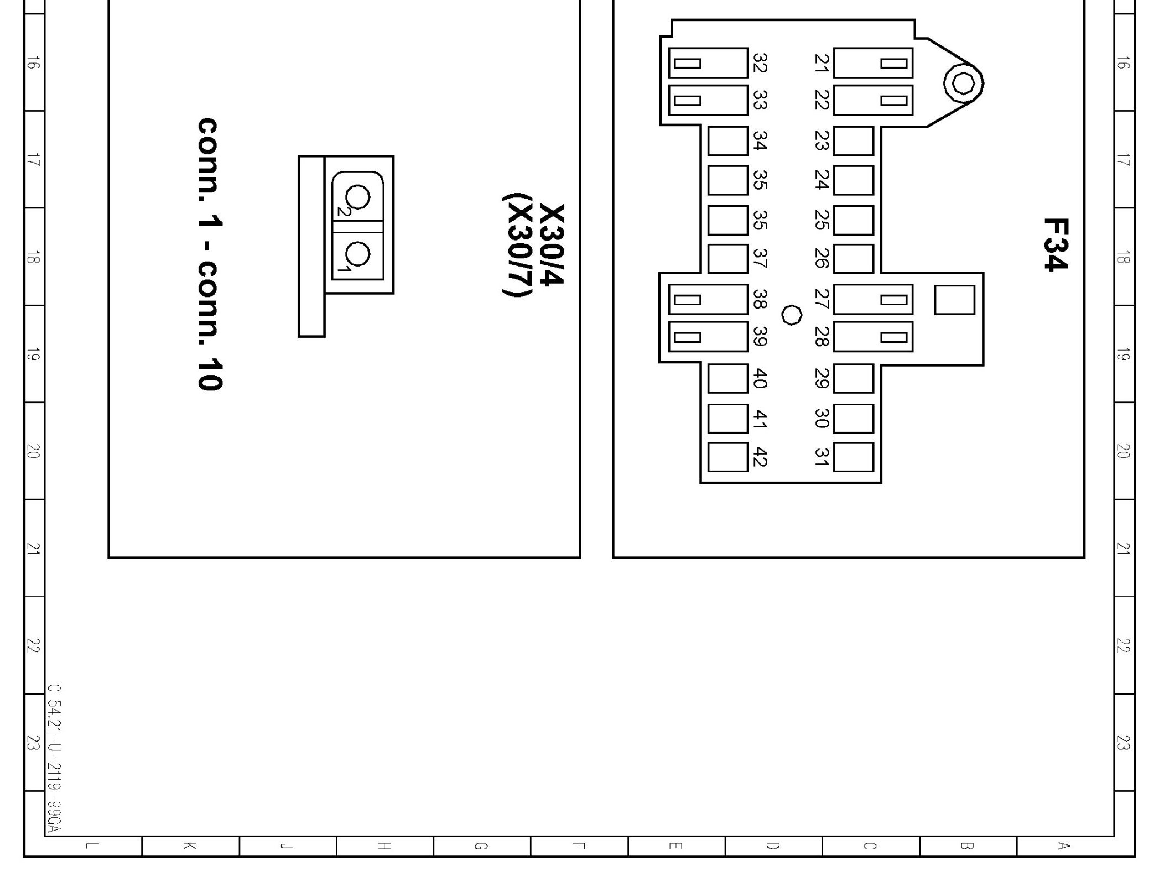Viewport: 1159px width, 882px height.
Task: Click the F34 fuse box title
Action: click(x=1055, y=244)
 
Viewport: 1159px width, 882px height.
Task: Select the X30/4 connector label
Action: click(x=552, y=244)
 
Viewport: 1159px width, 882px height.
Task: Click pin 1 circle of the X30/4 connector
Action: click(x=357, y=254)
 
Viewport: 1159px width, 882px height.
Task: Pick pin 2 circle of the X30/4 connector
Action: click(x=357, y=197)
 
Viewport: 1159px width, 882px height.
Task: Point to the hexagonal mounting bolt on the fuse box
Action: click(x=964, y=84)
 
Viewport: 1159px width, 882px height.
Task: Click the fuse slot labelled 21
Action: click(x=872, y=63)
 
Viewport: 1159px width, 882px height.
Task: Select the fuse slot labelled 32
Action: click(x=708, y=63)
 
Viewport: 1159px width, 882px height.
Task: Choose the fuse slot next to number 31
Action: click(x=853, y=457)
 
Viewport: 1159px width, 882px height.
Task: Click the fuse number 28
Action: click(x=822, y=337)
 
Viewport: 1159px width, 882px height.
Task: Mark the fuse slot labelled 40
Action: click(x=727, y=378)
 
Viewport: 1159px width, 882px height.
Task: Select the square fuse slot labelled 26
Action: click(x=853, y=259)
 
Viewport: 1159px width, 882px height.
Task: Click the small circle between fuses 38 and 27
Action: click(x=792, y=315)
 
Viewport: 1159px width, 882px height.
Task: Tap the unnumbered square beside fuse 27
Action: click(x=954, y=300)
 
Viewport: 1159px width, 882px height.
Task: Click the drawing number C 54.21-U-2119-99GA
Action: click(x=54, y=758)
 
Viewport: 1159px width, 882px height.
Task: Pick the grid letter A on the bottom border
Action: click(x=1062, y=846)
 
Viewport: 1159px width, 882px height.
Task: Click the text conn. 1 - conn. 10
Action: click(x=211, y=254)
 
